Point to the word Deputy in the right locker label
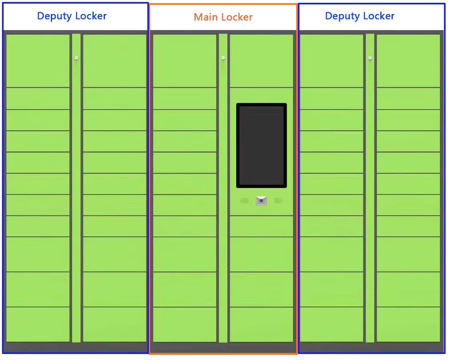(342, 16)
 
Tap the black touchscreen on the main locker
(261, 145)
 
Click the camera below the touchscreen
(261, 201)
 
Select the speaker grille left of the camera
(244, 200)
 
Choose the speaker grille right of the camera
(278, 200)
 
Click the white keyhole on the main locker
(223, 58)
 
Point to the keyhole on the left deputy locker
(76, 58)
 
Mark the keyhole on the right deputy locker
(370, 58)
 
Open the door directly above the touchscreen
(261, 60)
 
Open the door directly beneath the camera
(261, 226)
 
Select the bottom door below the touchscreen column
(261, 324)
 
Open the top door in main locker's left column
(185, 60)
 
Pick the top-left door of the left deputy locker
(38, 60)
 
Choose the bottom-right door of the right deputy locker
(408, 324)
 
